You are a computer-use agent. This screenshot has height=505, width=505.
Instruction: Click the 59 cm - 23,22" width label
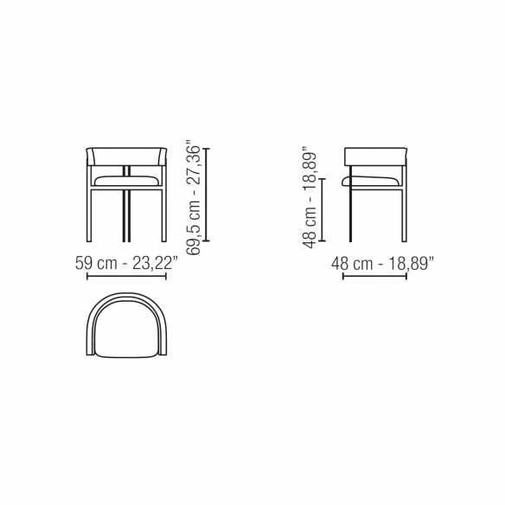(x=126, y=263)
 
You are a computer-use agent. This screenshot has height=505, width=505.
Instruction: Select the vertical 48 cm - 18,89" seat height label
(x=310, y=197)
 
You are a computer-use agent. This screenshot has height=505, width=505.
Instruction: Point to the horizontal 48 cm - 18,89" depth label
(x=382, y=264)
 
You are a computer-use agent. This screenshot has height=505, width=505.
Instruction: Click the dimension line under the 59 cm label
(x=126, y=276)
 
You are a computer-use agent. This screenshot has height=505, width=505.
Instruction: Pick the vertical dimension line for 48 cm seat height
(x=322, y=209)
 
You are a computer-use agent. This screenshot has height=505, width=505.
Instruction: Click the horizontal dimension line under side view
(x=374, y=276)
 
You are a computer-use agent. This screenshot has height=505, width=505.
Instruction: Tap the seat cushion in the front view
(x=126, y=181)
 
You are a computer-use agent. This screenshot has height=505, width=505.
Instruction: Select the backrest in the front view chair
(x=126, y=157)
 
